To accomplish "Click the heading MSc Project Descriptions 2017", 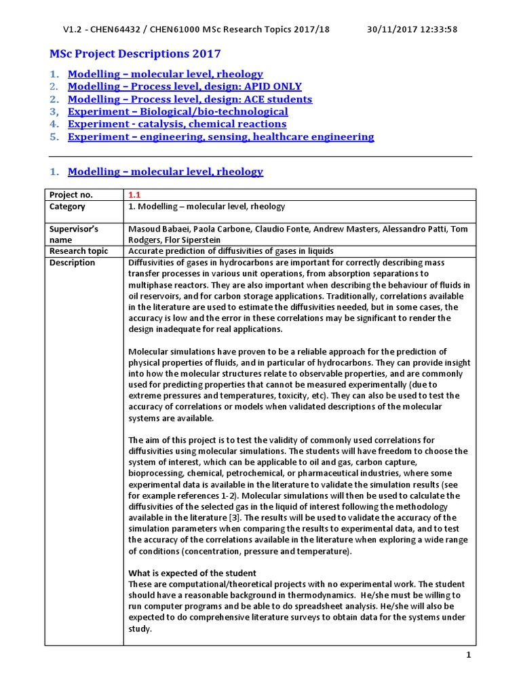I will coord(135,54).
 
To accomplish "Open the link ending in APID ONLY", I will coord(185,86).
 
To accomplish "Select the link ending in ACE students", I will coord(190,99).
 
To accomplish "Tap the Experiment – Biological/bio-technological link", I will coord(178,111).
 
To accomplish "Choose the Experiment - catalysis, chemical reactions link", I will coord(177,124).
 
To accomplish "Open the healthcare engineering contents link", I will coord(220,136).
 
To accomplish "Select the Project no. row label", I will coord(72,194).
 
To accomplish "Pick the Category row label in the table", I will coord(68,206).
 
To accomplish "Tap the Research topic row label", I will coord(78,250).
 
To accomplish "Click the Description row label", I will coord(73,263).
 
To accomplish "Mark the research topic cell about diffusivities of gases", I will coord(231,250).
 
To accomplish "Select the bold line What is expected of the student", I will coord(193,573).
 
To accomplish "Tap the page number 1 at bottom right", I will coord(468,655).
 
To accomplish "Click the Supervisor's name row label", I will coord(75,234).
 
